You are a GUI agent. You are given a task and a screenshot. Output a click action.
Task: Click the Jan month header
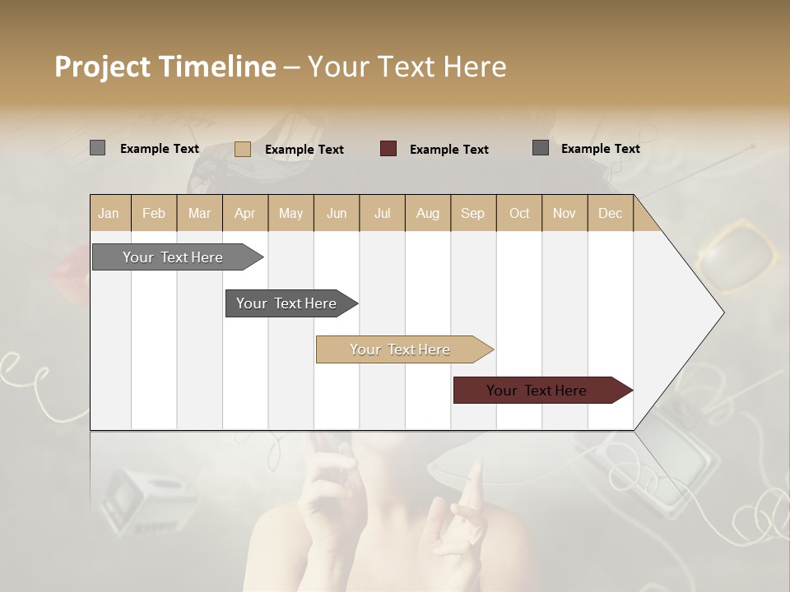click(109, 213)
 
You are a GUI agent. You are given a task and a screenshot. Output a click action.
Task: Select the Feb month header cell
click(154, 213)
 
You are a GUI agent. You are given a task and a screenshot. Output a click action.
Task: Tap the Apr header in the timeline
click(244, 213)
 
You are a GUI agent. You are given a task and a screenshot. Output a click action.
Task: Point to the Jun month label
click(337, 213)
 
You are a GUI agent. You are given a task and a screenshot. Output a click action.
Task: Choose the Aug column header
click(427, 213)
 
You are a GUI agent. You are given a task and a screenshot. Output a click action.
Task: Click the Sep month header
click(472, 213)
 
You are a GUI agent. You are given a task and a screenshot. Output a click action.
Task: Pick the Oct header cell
click(519, 213)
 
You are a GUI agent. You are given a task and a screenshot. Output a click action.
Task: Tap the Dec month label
click(610, 213)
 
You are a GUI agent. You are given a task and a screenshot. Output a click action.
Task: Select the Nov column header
click(564, 213)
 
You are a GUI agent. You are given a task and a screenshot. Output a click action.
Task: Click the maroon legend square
click(388, 149)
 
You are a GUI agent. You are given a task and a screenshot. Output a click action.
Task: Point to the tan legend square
click(243, 149)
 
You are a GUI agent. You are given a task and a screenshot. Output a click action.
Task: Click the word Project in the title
click(103, 67)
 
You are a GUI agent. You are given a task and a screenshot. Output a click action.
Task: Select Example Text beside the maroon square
click(448, 150)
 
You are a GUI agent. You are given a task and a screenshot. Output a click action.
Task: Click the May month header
click(290, 213)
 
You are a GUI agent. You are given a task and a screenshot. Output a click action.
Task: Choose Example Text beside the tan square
click(304, 150)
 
